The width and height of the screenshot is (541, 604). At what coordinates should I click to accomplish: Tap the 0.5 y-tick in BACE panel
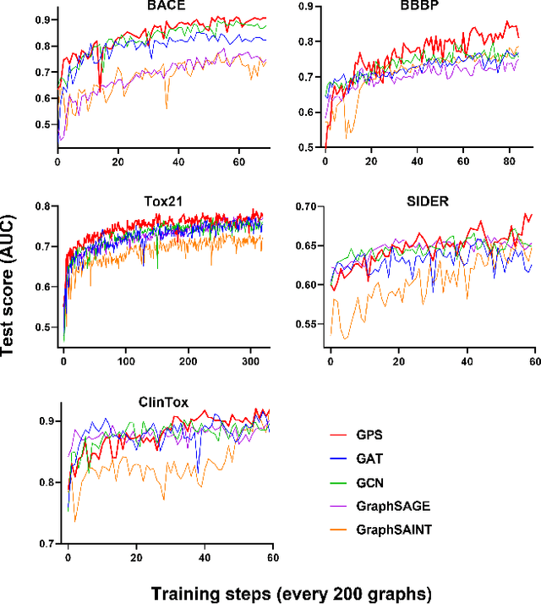42,125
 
